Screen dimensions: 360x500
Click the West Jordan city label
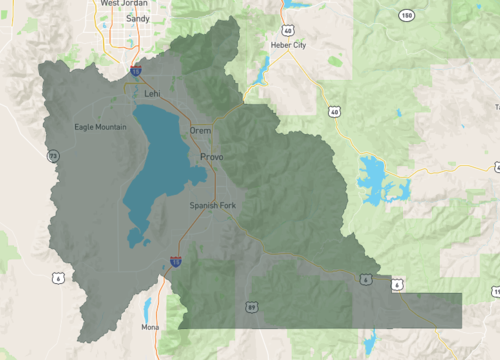point(124,4)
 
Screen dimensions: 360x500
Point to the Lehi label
point(152,93)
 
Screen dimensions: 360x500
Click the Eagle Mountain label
point(101,127)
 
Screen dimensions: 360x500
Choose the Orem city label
point(200,130)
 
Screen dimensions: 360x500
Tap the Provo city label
point(211,158)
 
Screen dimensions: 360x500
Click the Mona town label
point(151,326)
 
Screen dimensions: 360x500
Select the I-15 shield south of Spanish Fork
point(176,261)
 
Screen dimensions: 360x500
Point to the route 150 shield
point(406,16)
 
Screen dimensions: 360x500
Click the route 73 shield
point(52,155)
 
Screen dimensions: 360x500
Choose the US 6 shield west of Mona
point(60,277)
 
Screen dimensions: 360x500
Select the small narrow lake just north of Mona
point(148,305)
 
